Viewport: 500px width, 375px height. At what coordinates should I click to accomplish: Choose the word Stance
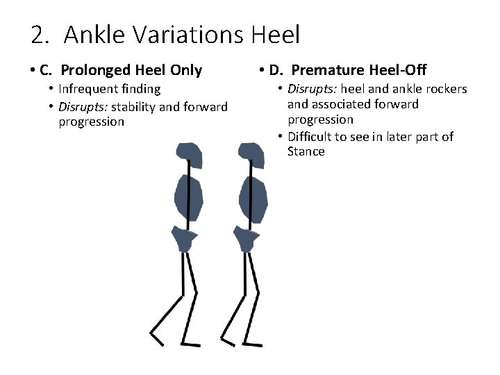(306, 151)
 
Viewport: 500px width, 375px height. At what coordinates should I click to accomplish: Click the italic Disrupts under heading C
(83, 106)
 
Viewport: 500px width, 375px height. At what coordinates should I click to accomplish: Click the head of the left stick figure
(188, 155)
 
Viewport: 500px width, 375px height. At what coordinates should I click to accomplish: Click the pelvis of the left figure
(185, 238)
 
